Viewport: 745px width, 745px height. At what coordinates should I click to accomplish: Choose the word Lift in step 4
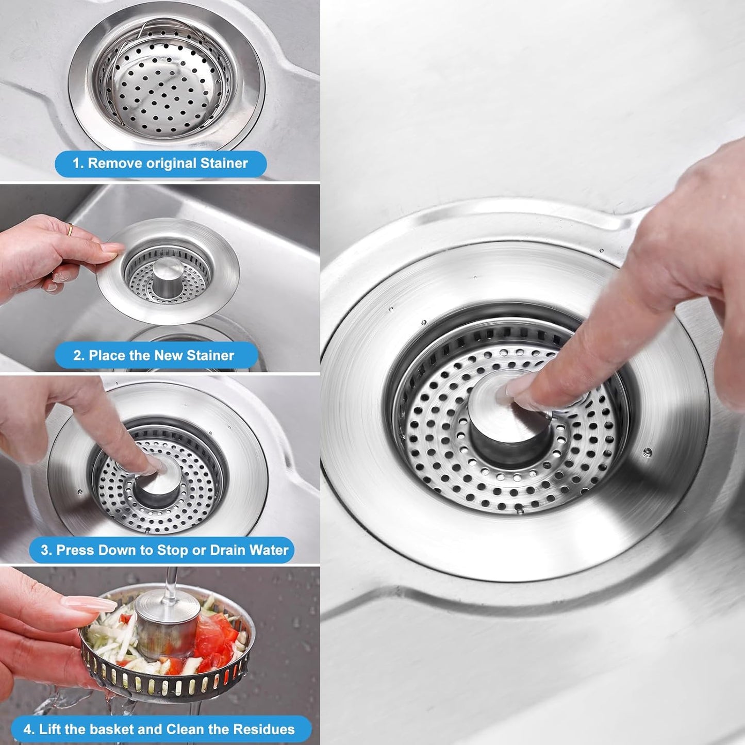tap(49, 730)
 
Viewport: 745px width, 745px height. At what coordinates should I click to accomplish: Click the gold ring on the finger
tap(70, 228)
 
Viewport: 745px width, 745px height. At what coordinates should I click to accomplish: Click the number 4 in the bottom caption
tap(28, 730)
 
